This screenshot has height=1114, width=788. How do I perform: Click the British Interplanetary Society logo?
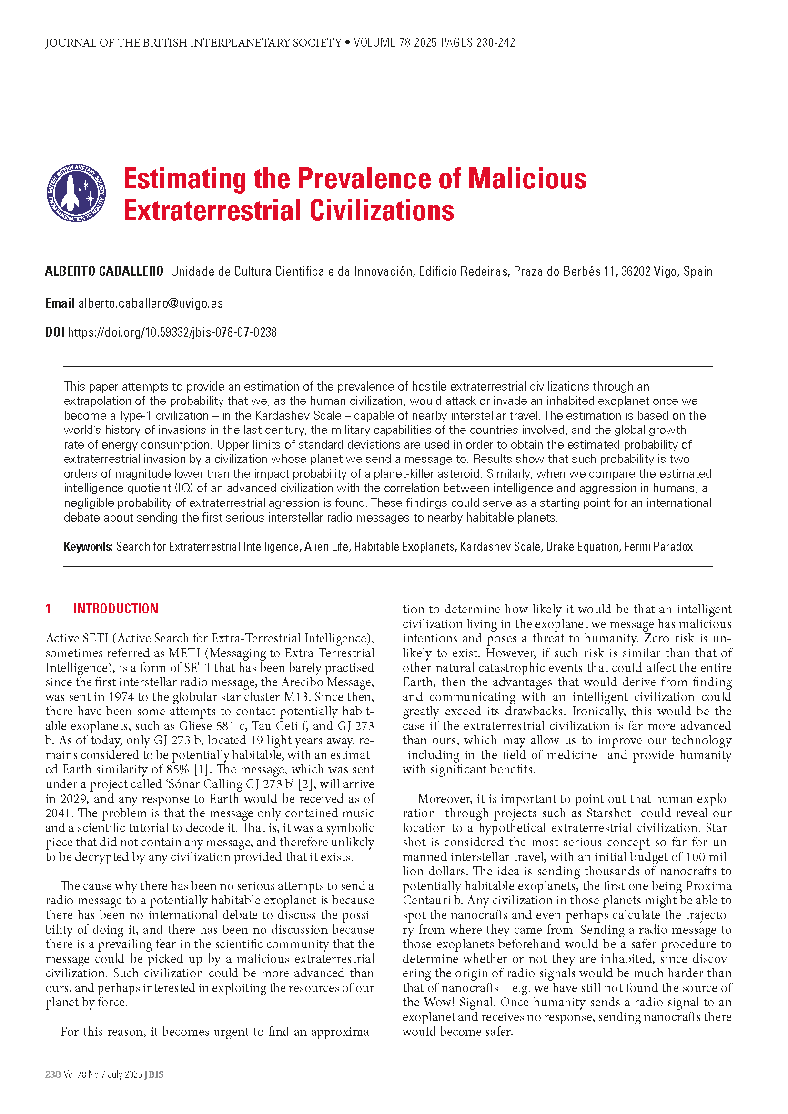(x=76, y=192)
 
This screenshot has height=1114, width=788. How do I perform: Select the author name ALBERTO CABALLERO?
(x=104, y=271)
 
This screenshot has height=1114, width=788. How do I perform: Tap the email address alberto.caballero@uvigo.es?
(x=151, y=303)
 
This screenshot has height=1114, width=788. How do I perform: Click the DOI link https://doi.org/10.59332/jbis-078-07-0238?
(x=172, y=332)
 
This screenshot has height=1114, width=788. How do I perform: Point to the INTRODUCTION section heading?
(x=115, y=609)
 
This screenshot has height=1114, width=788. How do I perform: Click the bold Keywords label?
(x=88, y=547)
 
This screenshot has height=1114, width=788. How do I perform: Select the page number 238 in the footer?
(x=53, y=1074)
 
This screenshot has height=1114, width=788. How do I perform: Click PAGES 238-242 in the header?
(x=477, y=43)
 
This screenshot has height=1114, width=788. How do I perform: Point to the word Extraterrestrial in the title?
(x=212, y=211)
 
